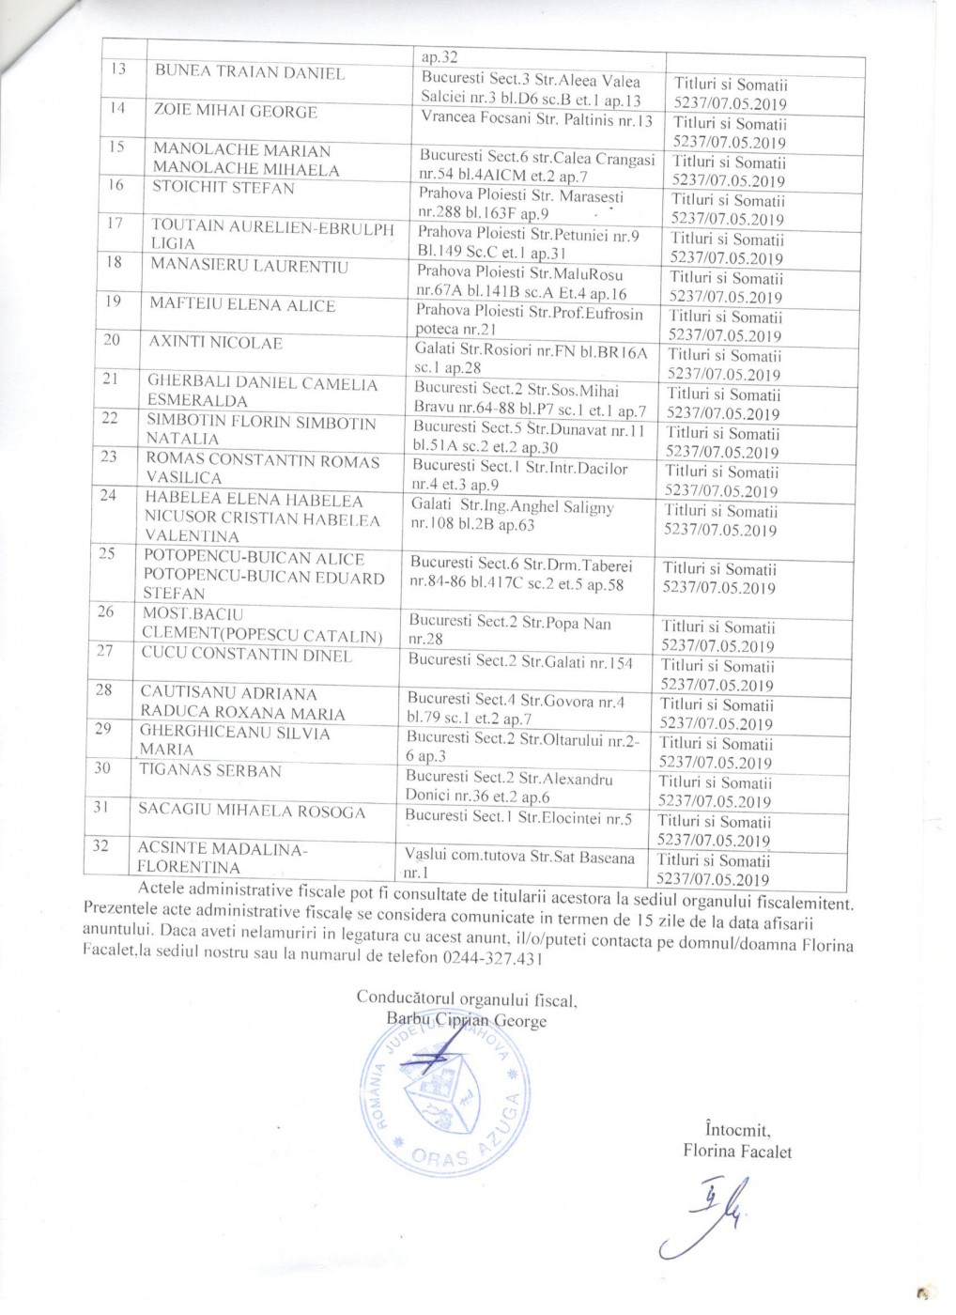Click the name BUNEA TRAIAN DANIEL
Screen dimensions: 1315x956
point(249,72)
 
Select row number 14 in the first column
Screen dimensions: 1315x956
point(118,108)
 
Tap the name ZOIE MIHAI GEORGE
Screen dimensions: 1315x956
point(235,112)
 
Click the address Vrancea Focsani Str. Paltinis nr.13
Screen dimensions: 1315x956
point(536,120)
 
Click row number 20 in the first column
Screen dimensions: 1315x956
point(112,339)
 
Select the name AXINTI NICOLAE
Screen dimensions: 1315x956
point(215,343)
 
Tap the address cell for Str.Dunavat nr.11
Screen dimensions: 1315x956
point(529,439)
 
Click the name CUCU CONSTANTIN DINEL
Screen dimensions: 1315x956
point(246,654)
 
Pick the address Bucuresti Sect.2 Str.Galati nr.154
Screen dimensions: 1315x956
point(520,662)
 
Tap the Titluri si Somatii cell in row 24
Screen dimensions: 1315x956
point(720,520)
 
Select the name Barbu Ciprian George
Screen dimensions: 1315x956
point(465,1021)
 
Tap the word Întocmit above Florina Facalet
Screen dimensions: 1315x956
point(736,1130)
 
